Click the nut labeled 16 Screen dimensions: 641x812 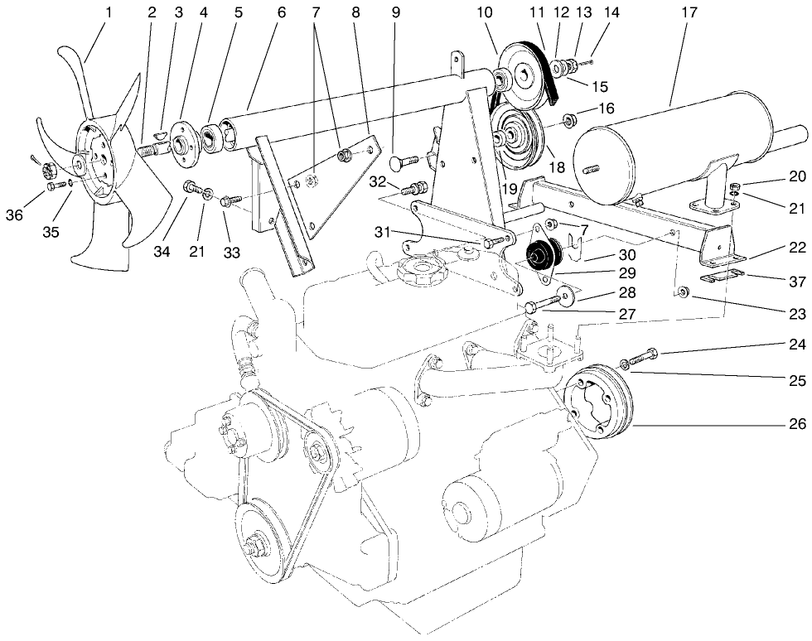569,121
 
